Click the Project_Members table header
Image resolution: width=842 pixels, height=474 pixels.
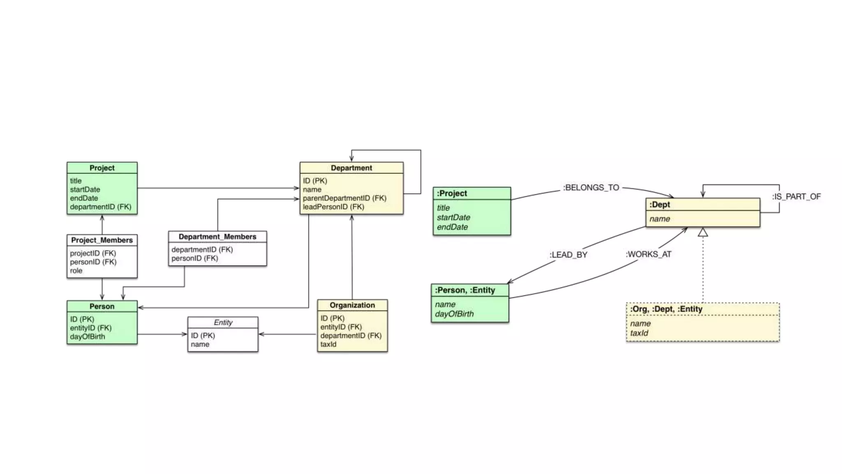click(102, 240)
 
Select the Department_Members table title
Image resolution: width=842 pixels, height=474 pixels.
click(217, 237)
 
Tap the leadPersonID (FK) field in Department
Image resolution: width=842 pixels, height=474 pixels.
click(333, 207)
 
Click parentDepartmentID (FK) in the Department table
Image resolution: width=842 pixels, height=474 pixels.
click(345, 198)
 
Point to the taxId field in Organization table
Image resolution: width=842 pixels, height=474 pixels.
click(328, 344)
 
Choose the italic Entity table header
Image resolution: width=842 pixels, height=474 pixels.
click(223, 323)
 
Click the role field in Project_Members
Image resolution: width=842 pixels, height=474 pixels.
click(76, 271)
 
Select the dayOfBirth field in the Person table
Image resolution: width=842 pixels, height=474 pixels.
click(87, 337)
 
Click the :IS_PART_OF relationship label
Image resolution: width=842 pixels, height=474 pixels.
click(796, 197)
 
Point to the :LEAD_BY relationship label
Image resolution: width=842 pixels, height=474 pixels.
click(568, 255)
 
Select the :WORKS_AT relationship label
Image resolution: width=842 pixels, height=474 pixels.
click(648, 254)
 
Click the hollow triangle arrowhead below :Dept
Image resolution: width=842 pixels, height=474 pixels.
click(703, 233)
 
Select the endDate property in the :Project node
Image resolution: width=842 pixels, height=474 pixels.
click(452, 227)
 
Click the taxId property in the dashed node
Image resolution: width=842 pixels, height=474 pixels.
click(639, 333)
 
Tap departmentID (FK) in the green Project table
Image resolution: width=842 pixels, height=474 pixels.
click(100, 207)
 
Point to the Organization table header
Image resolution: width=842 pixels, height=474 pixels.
click(352, 305)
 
